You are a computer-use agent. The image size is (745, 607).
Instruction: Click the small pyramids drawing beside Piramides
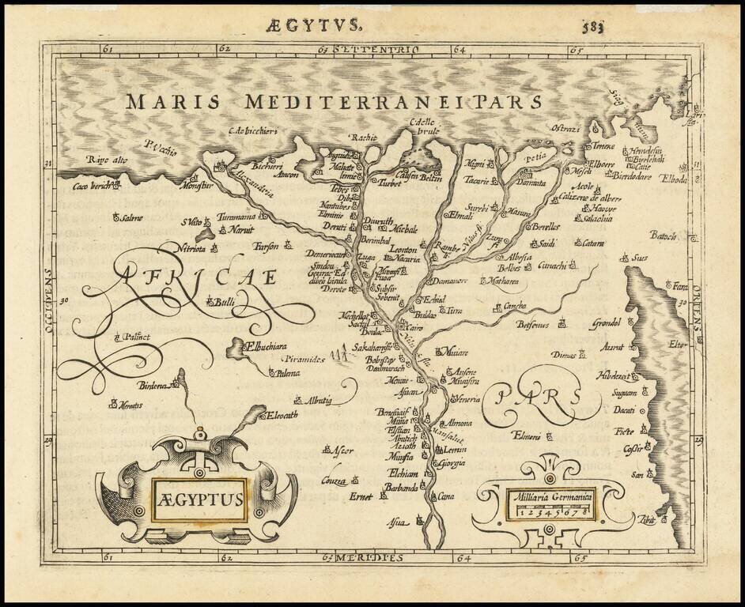pos(342,357)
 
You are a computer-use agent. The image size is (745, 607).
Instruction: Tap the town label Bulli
pos(224,301)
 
